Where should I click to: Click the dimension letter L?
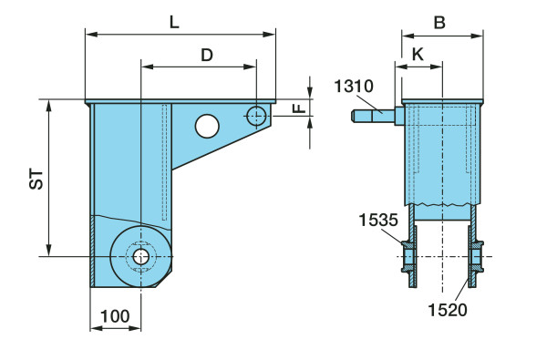pyautogui.click(x=174, y=23)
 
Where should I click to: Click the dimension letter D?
pyautogui.click(x=207, y=55)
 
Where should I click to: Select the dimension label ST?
pyautogui.click(x=36, y=180)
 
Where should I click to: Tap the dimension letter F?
pyautogui.click(x=299, y=108)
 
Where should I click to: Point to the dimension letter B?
pyautogui.click(x=439, y=23)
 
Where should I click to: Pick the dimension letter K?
pyautogui.click(x=418, y=55)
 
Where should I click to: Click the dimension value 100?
pyautogui.click(x=115, y=316)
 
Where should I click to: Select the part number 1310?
pyautogui.click(x=354, y=87)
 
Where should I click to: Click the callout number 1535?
pyautogui.click(x=378, y=221)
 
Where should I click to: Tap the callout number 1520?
pyautogui.click(x=448, y=310)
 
